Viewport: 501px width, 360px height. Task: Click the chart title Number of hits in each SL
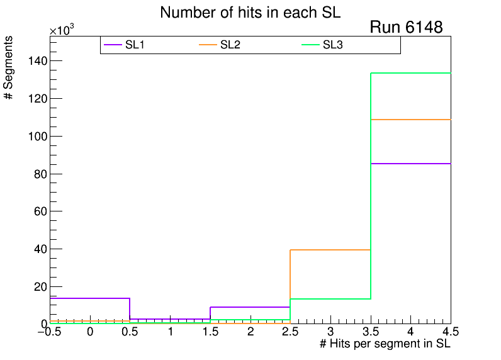pos(250,13)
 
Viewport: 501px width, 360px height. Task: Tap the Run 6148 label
pos(406,28)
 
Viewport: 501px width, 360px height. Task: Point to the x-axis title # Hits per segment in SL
pos(385,344)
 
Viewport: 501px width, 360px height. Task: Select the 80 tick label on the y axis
pos(38,174)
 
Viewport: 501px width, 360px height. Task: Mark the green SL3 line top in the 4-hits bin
pos(410,73)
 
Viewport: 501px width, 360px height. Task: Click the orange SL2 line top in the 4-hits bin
pos(410,120)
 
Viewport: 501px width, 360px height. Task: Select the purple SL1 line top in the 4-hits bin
pos(410,164)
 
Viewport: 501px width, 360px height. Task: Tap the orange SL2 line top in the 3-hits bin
pos(330,250)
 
